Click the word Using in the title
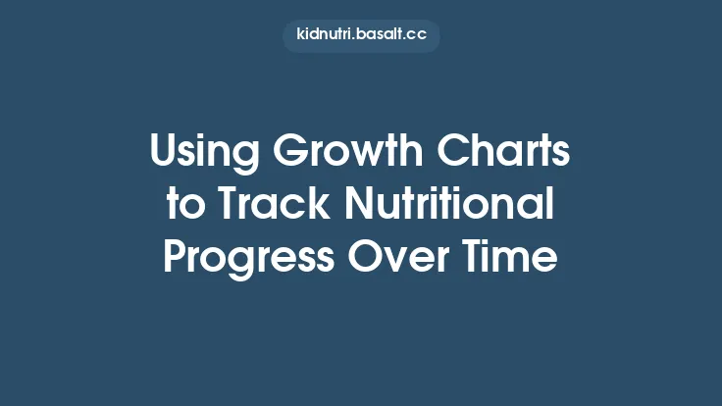pos(204,156)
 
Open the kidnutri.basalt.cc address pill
pos(361,36)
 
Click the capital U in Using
pos(164,156)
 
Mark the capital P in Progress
pos(175,257)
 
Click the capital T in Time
pos(483,257)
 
